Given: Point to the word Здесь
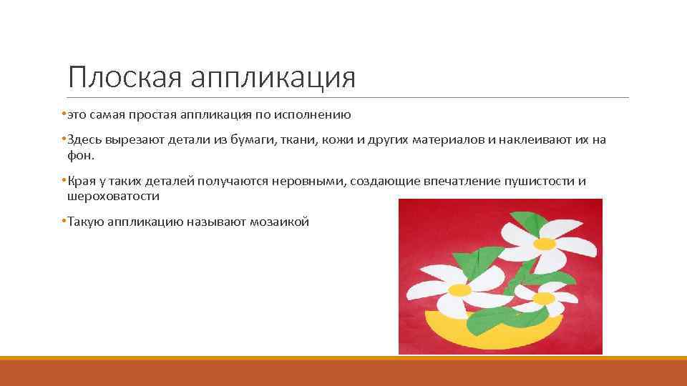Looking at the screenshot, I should click(85, 139).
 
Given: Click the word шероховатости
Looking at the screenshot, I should click(113, 196).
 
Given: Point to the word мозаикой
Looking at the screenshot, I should click(280, 222).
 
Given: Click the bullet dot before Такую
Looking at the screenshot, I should click(64, 222).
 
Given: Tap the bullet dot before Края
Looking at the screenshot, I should click(64, 181).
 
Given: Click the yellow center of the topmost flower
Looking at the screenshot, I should click(545, 243).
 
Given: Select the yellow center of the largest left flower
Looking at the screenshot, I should click(459, 290).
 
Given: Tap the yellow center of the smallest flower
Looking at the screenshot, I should click(544, 297).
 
